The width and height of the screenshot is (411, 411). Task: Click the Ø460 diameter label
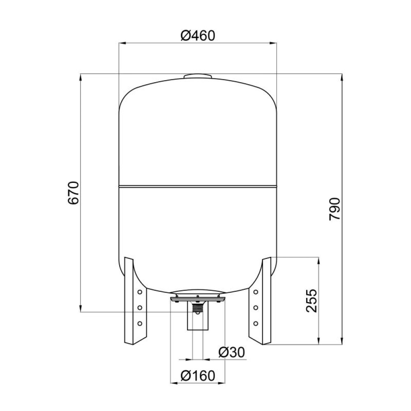pyautogui.click(x=198, y=35)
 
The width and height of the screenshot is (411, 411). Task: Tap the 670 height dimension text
pyautogui.click(x=73, y=193)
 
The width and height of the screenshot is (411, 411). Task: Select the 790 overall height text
pyautogui.click(x=335, y=209)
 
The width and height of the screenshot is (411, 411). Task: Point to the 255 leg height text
pyautogui.click(x=312, y=301)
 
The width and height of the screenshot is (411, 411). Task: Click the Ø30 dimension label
pyautogui.click(x=231, y=352)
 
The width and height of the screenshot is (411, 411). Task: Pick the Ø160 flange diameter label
pyautogui.click(x=198, y=376)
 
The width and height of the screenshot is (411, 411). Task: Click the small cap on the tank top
pyautogui.click(x=198, y=76)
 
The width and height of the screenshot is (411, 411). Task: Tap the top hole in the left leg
pyautogui.click(x=140, y=292)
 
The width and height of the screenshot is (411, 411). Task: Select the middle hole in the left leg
pyautogui.click(x=140, y=307)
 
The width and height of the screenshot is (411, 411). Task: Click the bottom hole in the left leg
pyautogui.click(x=140, y=323)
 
